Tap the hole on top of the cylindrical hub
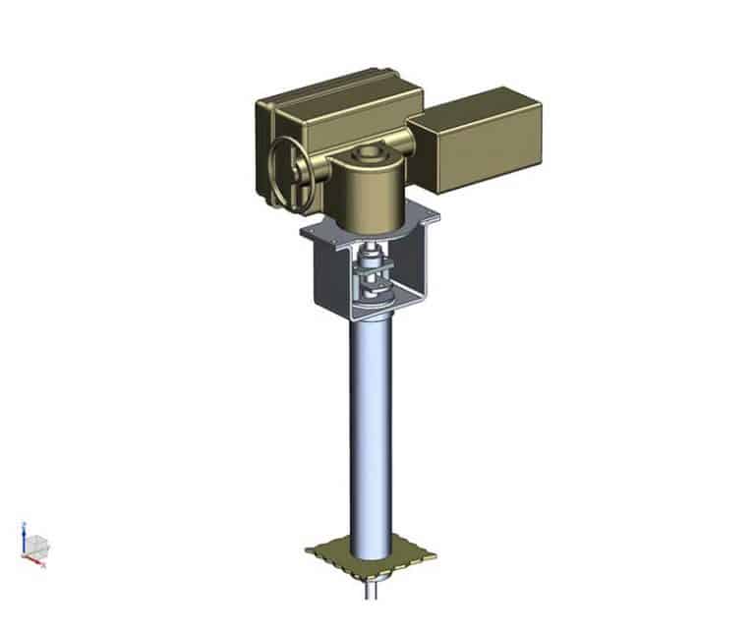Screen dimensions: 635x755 [370, 154]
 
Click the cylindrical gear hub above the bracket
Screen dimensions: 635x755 [371, 187]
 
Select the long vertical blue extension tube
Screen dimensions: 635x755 [373, 433]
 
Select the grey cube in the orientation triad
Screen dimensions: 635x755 [35, 546]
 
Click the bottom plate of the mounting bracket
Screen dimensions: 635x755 [369, 313]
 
